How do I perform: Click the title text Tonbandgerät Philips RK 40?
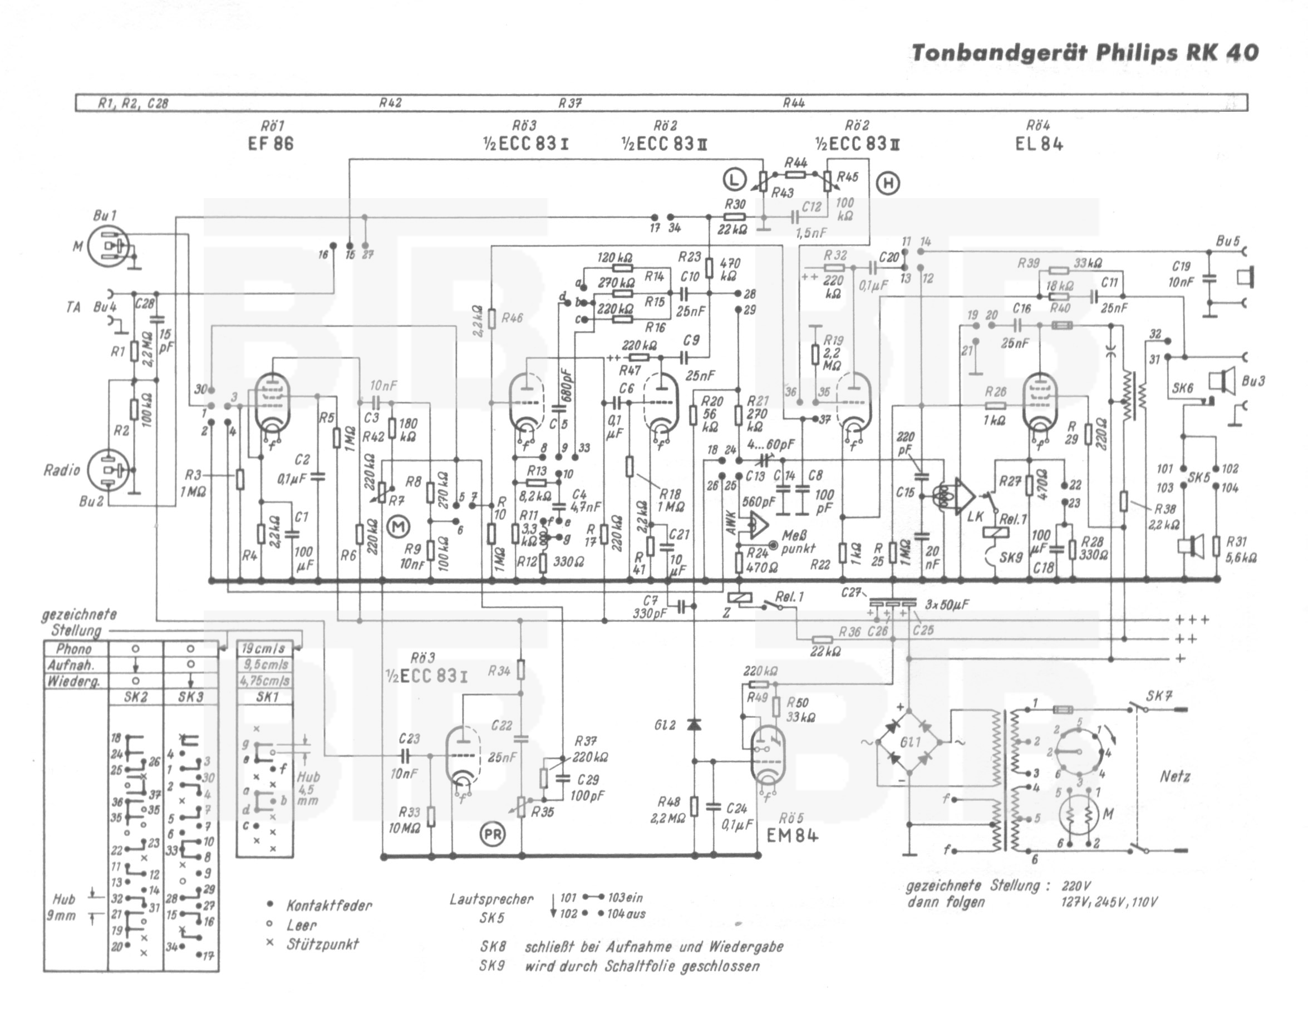pyautogui.click(x=1084, y=53)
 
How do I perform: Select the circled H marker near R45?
pyautogui.click(x=888, y=182)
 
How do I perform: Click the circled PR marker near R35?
pyautogui.click(x=493, y=835)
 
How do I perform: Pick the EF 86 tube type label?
pyautogui.click(x=271, y=144)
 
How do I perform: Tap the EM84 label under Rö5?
pyautogui.click(x=792, y=835)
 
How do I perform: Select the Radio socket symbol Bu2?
pyautogui.click(x=108, y=470)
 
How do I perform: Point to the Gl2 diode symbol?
pyautogui.click(x=694, y=725)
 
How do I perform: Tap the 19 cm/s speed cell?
pyautogui.click(x=263, y=649)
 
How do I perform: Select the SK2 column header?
pyautogui.click(x=135, y=697)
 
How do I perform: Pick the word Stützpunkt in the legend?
pyautogui.click(x=322, y=944)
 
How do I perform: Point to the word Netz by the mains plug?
pyautogui.click(x=1175, y=776)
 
